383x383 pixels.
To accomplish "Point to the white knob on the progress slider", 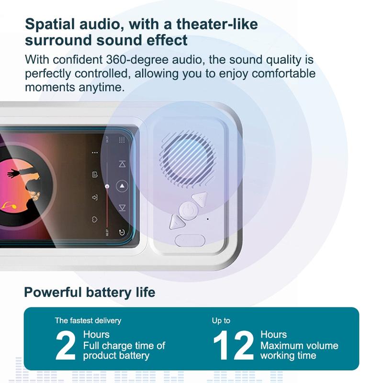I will (108, 186).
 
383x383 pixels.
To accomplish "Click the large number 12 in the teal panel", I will (233, 346).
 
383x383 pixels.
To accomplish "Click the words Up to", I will (221, 320).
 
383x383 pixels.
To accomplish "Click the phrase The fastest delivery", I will (88, 320).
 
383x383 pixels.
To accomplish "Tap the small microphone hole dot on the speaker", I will (208, 219).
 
